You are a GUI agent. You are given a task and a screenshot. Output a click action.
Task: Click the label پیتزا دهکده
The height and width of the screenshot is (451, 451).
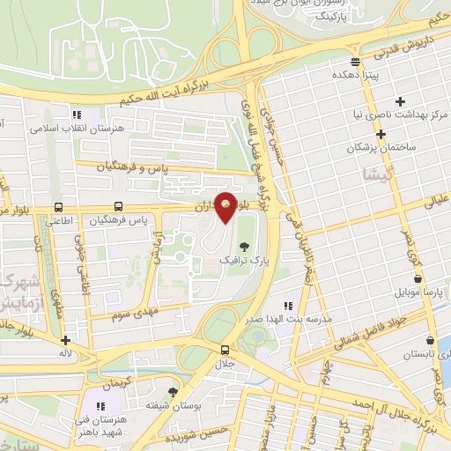356,76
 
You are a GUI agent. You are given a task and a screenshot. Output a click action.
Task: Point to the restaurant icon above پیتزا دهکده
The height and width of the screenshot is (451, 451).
355,62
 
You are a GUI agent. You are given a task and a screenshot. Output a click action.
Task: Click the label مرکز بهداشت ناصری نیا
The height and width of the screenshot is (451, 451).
401,115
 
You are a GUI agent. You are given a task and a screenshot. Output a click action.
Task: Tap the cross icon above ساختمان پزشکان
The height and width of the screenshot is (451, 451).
381,135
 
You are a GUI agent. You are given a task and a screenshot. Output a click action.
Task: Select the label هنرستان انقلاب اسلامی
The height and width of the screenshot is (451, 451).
78,128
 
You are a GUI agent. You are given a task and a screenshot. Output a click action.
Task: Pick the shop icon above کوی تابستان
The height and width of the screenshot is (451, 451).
430,340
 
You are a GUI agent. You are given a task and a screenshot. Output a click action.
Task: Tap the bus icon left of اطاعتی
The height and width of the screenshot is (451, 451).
58,207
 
